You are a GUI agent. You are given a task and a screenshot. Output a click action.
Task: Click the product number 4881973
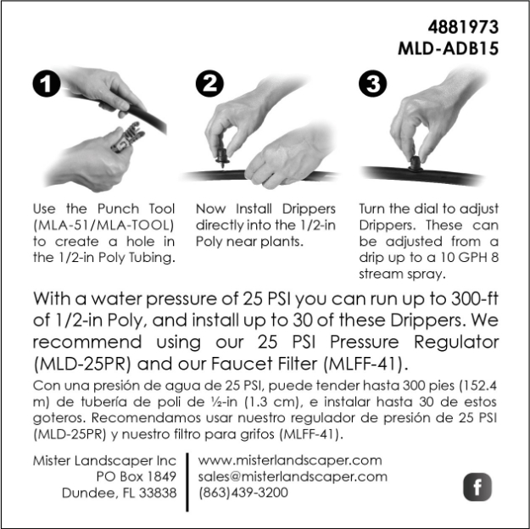[x=463, y=27]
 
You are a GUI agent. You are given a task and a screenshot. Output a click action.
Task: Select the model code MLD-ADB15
[x=449, y=48]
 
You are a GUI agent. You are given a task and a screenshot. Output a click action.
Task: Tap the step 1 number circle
[x=47, y=83]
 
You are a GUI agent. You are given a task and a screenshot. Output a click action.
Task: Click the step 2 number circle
[x=209, y=83]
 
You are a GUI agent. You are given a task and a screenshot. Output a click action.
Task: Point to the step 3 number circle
[x=373, y=83]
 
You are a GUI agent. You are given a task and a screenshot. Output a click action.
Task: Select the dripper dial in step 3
[x=415, y=163]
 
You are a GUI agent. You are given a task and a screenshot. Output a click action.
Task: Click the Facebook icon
[x=477, y=487]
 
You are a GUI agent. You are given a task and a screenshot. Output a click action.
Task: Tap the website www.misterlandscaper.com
[x=290, y=460]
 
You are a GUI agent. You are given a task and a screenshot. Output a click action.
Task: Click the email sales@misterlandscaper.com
[x=293, y=476]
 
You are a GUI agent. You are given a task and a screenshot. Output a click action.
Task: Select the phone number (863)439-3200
[x=243, y=493]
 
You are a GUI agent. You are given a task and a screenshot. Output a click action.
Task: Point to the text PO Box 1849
[x=137, y=476]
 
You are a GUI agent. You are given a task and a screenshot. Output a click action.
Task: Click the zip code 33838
[x=158, y=493]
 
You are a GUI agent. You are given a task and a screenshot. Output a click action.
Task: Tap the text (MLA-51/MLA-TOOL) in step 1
[x=103, y=226]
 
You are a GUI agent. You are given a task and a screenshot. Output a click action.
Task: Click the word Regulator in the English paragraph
[x=456, y=342]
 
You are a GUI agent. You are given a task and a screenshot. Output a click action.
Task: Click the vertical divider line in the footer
[x=187, y=482]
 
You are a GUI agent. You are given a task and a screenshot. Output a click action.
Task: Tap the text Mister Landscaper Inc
[x=104, y=460]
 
